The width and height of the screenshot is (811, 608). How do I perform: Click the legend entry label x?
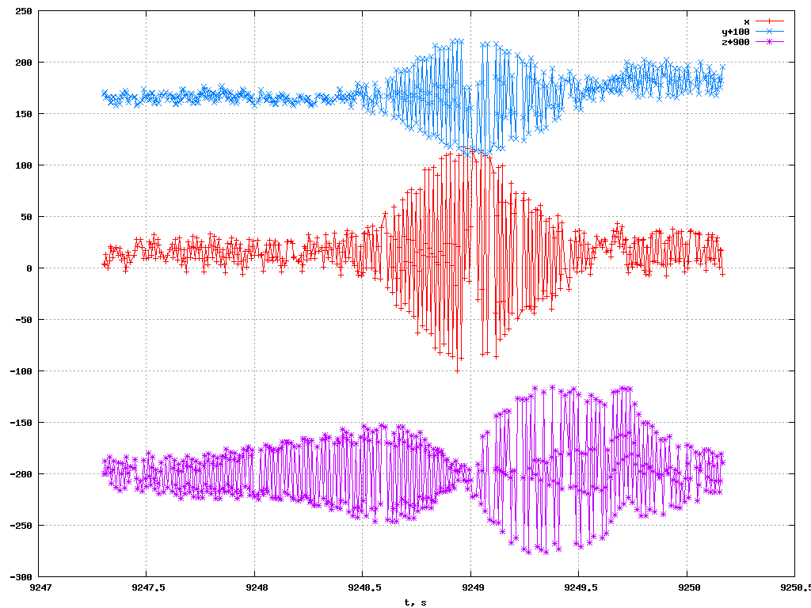pyautogui.click(x=746, y=21)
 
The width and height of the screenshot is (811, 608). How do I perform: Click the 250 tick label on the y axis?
pyautogui.click(x=24, y=11)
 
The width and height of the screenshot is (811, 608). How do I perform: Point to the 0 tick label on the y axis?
pyautogui.click(x=29, y=268)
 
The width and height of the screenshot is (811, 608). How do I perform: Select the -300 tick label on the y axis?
pyautogui.click(x=21, y=577)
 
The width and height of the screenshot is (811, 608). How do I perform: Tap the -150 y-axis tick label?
pyautogui.click(x=21, y=423)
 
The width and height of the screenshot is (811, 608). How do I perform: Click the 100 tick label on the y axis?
pyautogui.click(x=24, y=165)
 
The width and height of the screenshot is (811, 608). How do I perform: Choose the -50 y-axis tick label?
pyautogui.click(x=24, y=320)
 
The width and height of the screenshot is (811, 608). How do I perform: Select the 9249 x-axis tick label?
pyautogui.click(x=471, y=588)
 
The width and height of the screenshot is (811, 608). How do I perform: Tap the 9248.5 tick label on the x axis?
pyautogui.click(x=363, y=588)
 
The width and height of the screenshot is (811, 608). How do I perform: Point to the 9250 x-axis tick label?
pyautogui.click(x=687, y=588)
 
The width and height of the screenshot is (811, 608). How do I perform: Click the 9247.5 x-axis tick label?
pyautogui.click(x=147, y=588)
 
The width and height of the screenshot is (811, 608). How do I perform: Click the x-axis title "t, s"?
pyautogui.click(x=415, y=602)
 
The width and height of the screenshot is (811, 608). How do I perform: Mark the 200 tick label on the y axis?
pyautogui.click(x=24, y=63)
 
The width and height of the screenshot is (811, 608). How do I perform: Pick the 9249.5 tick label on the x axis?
pyautogui.click(x=579, y=588)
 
